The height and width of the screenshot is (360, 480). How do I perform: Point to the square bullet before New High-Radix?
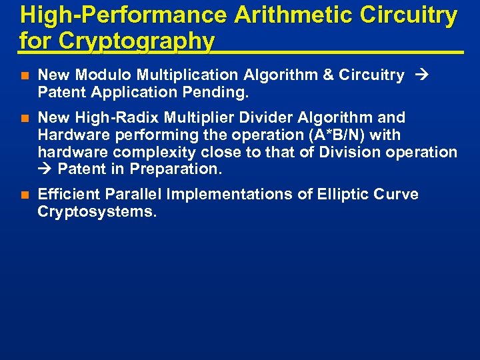[24, 119]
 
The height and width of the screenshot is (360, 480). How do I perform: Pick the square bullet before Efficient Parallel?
[24, 195]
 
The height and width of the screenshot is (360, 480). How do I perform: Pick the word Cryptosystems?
[97, 212]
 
